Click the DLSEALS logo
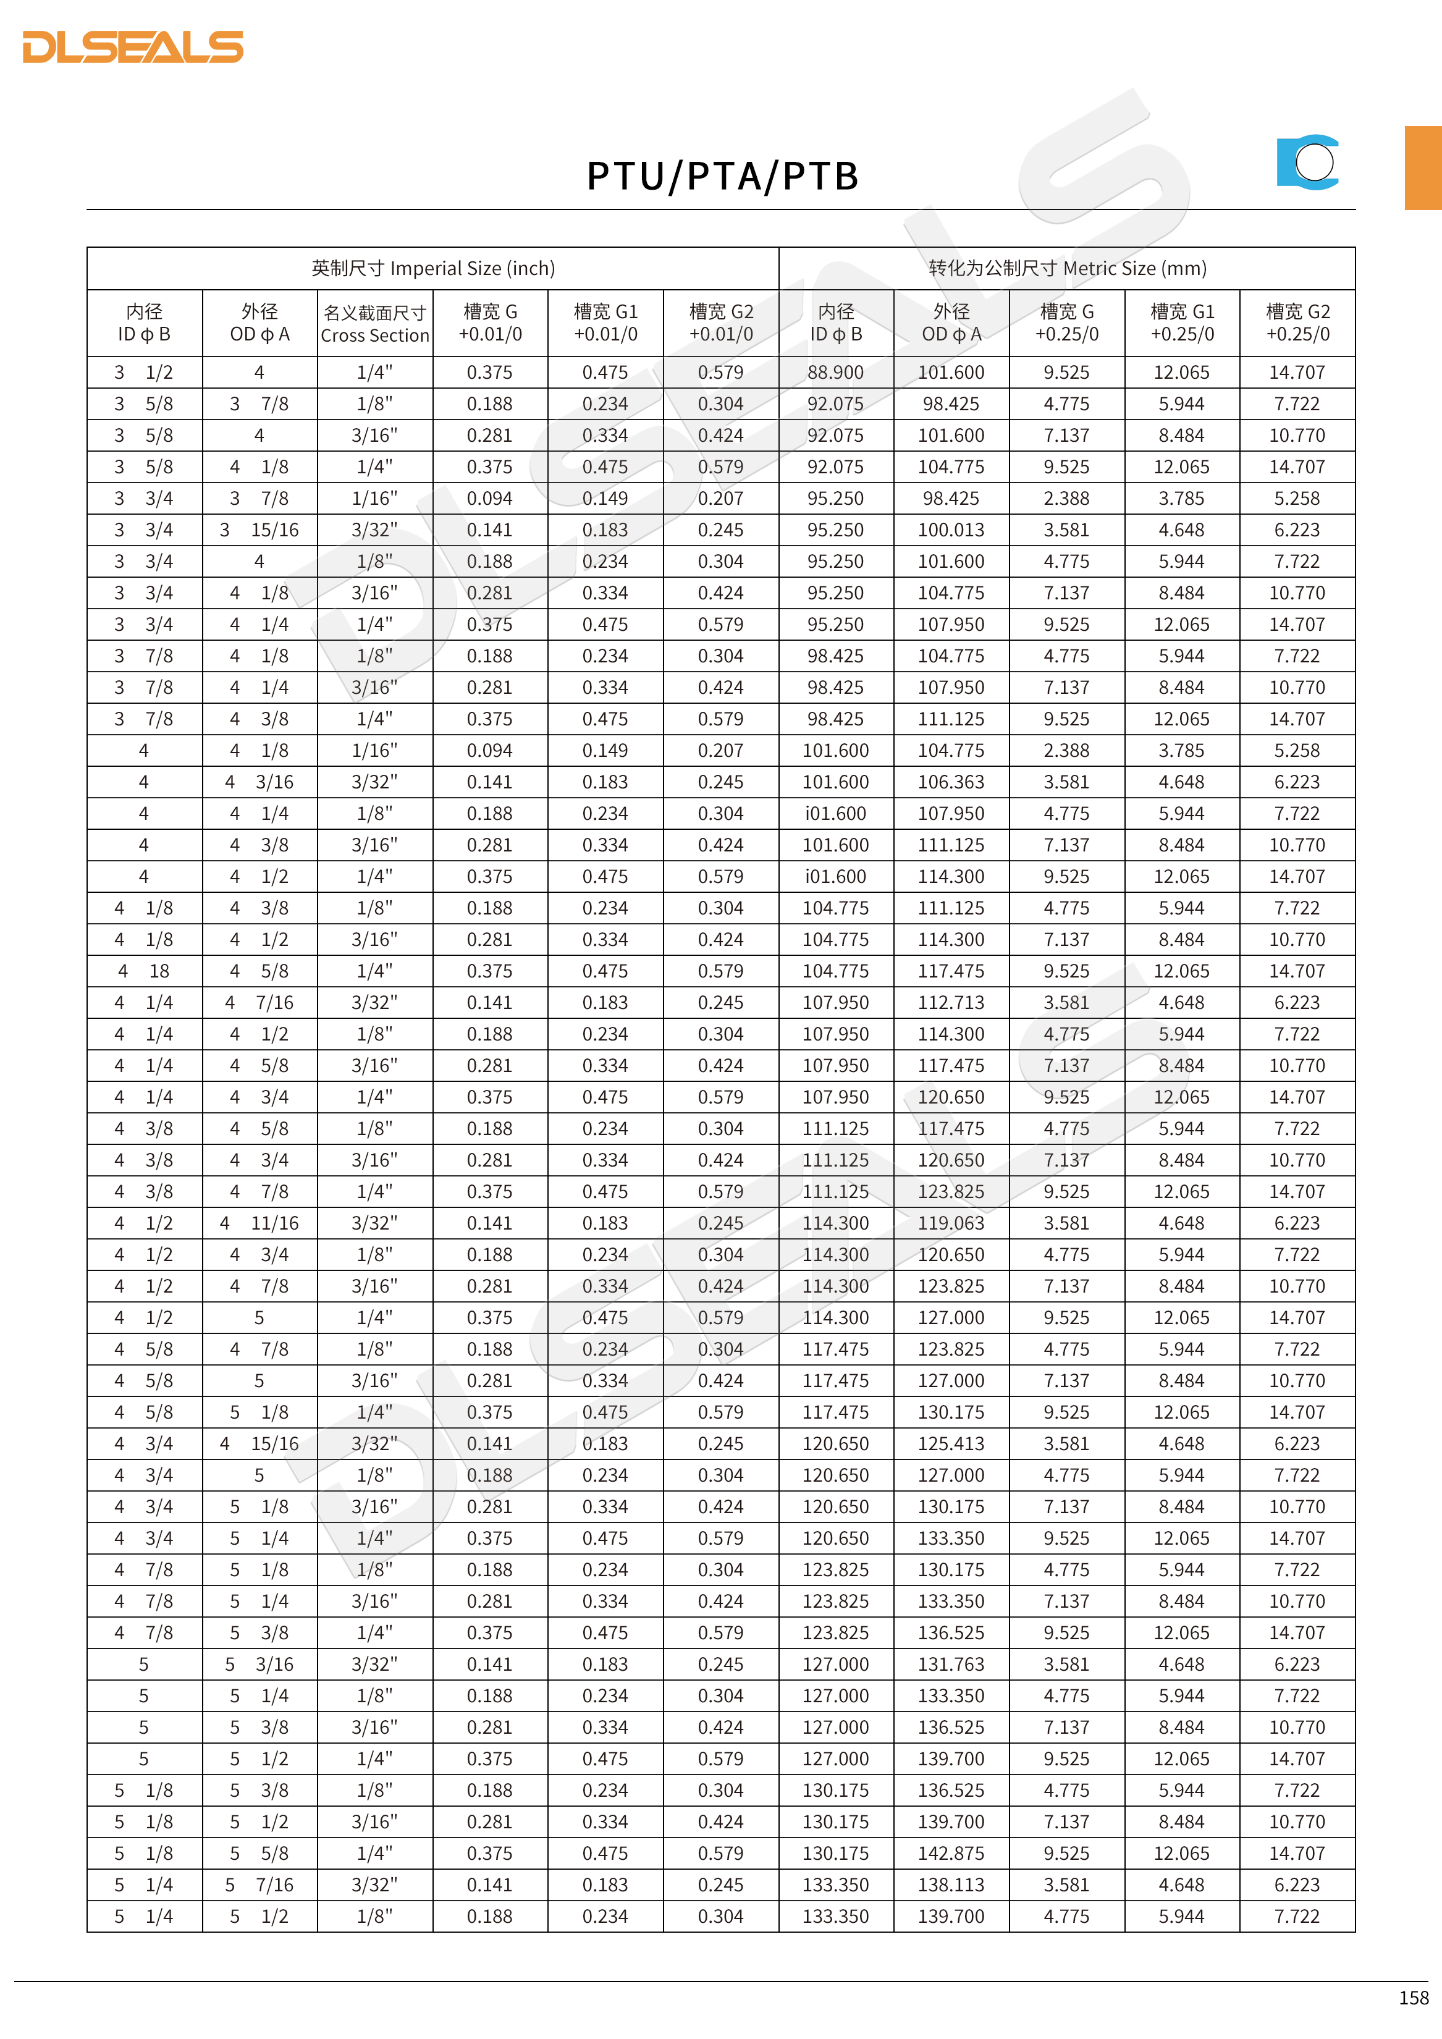click(133, 47)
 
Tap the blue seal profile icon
click(1308, 163)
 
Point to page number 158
click(1413, 1997)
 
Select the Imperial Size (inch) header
click(432, 268)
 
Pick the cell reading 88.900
click(835, 373)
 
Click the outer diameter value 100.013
click(951, 530)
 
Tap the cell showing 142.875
click(951, 1854)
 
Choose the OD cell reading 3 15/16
click(259, 530)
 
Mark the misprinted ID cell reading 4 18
click(144, 971)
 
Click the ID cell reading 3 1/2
click(144, 373)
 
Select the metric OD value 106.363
click(951, 782)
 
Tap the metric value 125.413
click(951, 1444)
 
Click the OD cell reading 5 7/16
click(259, 1885)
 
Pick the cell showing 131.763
click(951, 1664)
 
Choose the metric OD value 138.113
click(951, 1885)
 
